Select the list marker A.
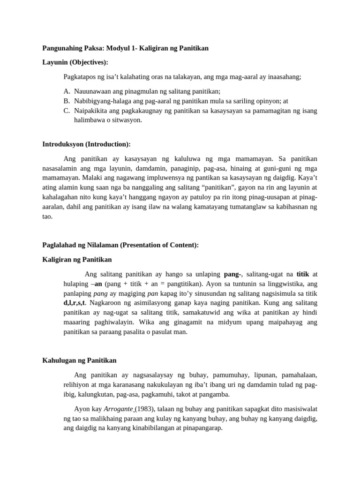(66, 92)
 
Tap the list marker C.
(66, 111)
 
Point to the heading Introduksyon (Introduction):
(87, 144)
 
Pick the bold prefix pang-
(233, 274)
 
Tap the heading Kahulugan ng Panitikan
(79, 360)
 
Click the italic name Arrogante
(118, 409)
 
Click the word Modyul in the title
(118, 48)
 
